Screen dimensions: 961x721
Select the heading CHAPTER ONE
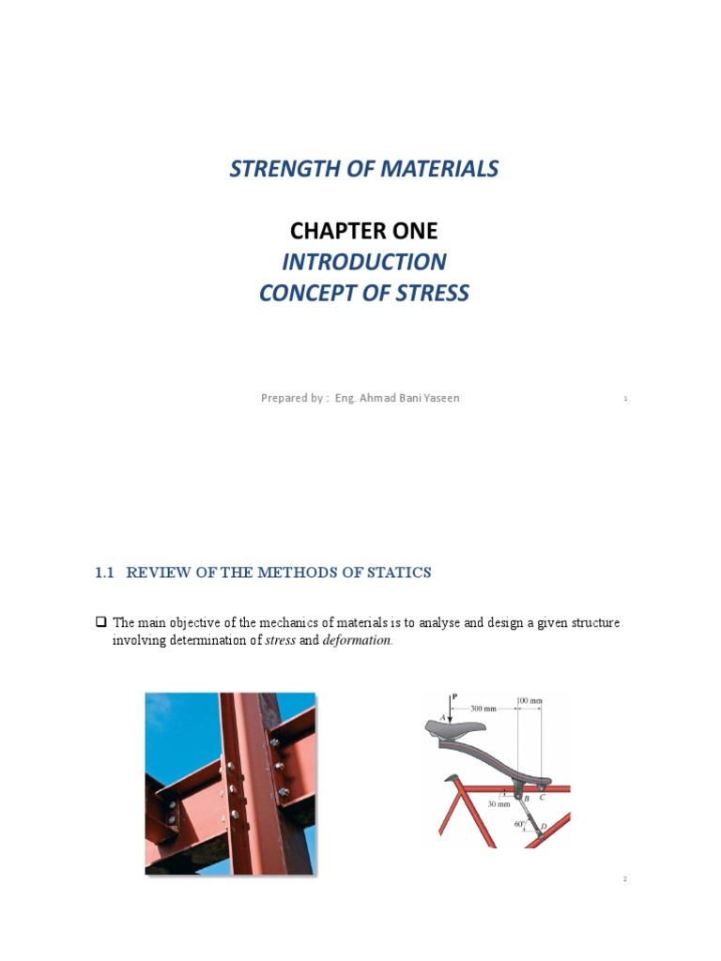(363, 231)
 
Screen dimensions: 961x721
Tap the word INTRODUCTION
(363, 262)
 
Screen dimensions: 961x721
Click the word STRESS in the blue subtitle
(432, 293)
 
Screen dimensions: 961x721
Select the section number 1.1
(105, 572)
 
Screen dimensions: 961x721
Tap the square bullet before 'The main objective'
(102, 622)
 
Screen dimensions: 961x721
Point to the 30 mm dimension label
(499, 803)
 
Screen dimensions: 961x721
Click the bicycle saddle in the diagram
(457, 727)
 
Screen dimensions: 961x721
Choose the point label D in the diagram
(544, 827)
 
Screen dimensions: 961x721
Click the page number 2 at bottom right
(624, 879)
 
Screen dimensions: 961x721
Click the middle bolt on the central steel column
(235, 789)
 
